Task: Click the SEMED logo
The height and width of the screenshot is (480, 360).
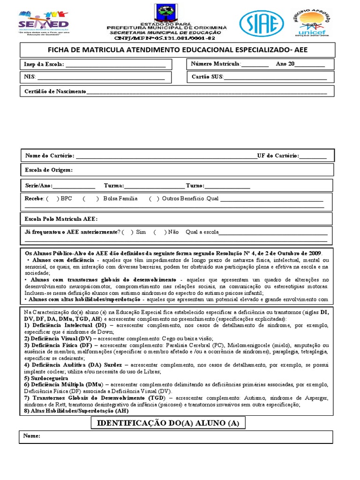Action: [x=43, y=21]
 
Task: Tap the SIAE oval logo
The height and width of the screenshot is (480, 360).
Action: [x=261, y=22]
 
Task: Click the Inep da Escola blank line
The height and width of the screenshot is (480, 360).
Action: [x=115, y=65]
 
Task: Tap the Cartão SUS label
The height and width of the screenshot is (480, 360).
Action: [x=208, y=76]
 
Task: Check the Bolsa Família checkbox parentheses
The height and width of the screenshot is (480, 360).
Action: [x=90, y=199]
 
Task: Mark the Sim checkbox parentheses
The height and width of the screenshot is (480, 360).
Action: [x=127, y=232]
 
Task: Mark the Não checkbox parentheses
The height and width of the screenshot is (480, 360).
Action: [x=159, y=232]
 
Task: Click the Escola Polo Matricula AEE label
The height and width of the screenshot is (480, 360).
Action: [x=61, y=219]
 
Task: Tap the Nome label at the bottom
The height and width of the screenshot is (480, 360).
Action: [x=32, y=436]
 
